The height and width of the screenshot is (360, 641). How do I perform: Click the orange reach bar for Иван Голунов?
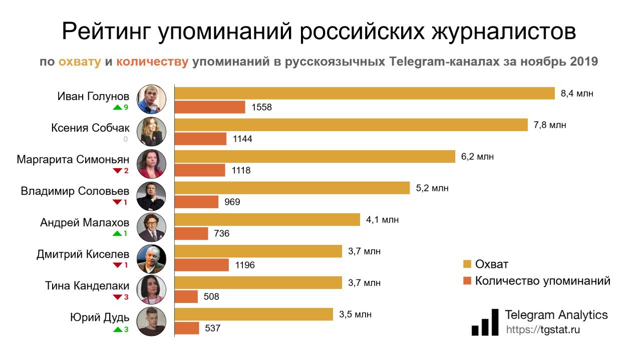tap(365, 94)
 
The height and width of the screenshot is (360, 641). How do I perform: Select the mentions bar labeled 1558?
tap(210, 107)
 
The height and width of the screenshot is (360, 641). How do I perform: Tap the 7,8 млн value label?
tap(550, 125)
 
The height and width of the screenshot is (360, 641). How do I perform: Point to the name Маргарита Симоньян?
tap(73, 160)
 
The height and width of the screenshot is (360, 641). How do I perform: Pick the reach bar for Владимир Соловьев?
tap(292, 188)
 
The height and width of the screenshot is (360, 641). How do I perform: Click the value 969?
tap(232, 202)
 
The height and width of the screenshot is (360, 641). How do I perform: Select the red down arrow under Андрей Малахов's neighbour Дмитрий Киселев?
tap(117, 265)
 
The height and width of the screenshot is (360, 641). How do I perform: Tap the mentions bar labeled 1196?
tap(202, 265)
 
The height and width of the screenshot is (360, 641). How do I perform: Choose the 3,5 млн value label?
tap(355, 314)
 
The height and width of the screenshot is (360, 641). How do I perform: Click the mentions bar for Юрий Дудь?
tap(187, 328)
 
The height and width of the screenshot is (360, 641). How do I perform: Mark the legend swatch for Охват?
tap(467, 264)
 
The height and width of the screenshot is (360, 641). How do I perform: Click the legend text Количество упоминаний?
tap(542, 281)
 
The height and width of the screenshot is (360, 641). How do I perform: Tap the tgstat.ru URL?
tap(543, 330)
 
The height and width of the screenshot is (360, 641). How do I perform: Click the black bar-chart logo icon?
tap(485, 322)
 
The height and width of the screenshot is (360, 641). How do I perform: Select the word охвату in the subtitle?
tap(80, 62)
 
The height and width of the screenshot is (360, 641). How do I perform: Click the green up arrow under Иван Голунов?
tap(117, 107)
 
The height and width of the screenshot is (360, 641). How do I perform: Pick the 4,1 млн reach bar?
tap(267, 220)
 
